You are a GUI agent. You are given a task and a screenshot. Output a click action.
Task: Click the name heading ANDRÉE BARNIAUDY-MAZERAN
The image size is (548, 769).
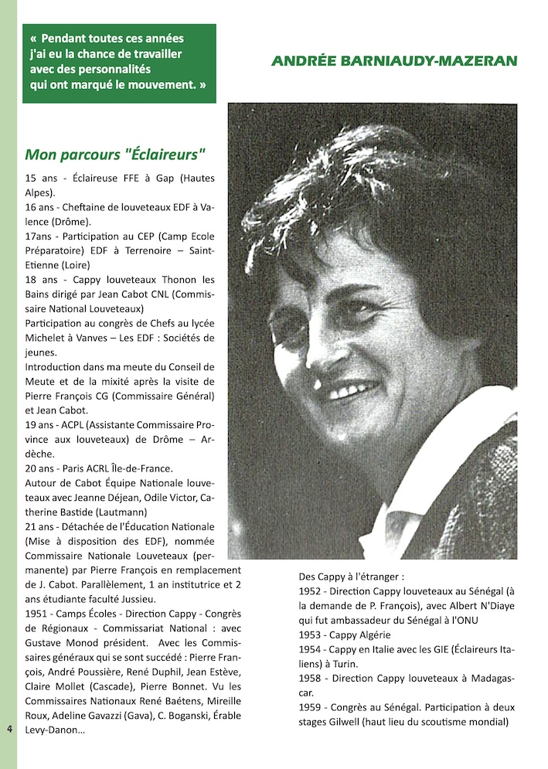pyautogui.click(x=394, y=61)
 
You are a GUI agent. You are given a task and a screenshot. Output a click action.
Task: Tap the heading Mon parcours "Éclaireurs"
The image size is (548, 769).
pyautogui.click(x=115, y=153)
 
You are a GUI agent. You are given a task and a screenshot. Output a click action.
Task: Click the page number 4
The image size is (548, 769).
pyautogui.click(x=9, y=728)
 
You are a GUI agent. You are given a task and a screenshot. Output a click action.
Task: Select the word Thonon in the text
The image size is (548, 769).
pyautogui.click(x=177, y=280)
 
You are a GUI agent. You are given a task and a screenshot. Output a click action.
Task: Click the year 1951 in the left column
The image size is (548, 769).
pyautogui.click(x=38, y=614)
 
